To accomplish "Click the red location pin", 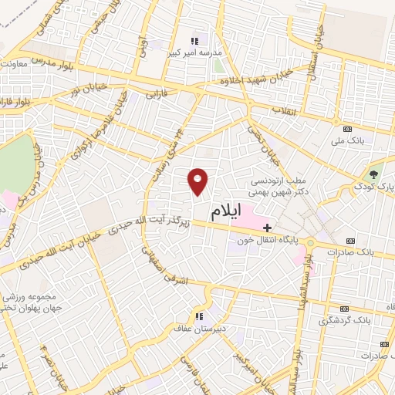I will (198, 181).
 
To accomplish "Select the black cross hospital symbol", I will (267, 228).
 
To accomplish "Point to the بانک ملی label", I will (346, 141).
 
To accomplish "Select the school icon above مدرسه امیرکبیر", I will (194, 40).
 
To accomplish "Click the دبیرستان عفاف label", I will (203, 328).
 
